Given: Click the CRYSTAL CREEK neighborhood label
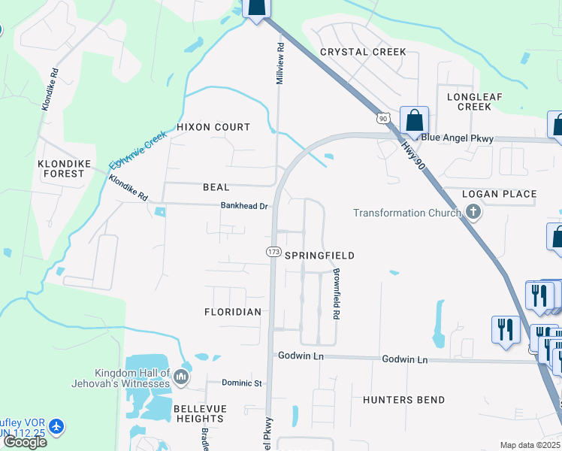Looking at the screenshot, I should [363, 52].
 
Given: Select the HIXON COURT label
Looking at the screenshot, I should [213, 128].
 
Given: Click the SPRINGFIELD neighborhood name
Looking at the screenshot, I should [319, 256].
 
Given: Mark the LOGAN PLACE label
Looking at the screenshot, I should [499, 194].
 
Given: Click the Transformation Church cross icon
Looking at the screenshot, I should [473, 212].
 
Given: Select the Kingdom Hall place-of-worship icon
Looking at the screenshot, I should [180, 376].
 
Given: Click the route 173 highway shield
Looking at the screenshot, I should [273, 252].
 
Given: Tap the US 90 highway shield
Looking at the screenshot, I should [383, 118].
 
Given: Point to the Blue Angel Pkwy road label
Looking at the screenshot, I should [457, 138].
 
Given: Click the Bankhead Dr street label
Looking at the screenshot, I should [244, 206].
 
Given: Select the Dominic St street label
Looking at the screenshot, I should [241, 383].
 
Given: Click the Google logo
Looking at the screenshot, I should [25, 442].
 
